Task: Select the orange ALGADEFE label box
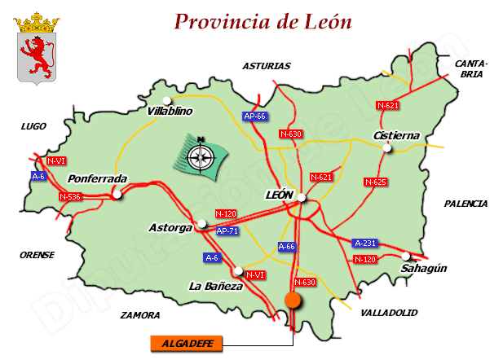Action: [187, 344]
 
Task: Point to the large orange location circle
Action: [293, 301]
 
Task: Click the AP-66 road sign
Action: [255, 116]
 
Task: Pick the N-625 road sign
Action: [375, 182]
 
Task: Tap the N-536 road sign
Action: [71, 197]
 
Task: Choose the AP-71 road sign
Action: [227, 231]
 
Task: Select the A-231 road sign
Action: [364, 243]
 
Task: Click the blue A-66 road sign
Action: [287, 246]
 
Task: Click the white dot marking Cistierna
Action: [388, 148]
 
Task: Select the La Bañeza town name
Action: [215, 287]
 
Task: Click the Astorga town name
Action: [170, 228]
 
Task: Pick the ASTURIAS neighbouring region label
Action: [267, 67]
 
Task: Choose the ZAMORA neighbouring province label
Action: [140, 314]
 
